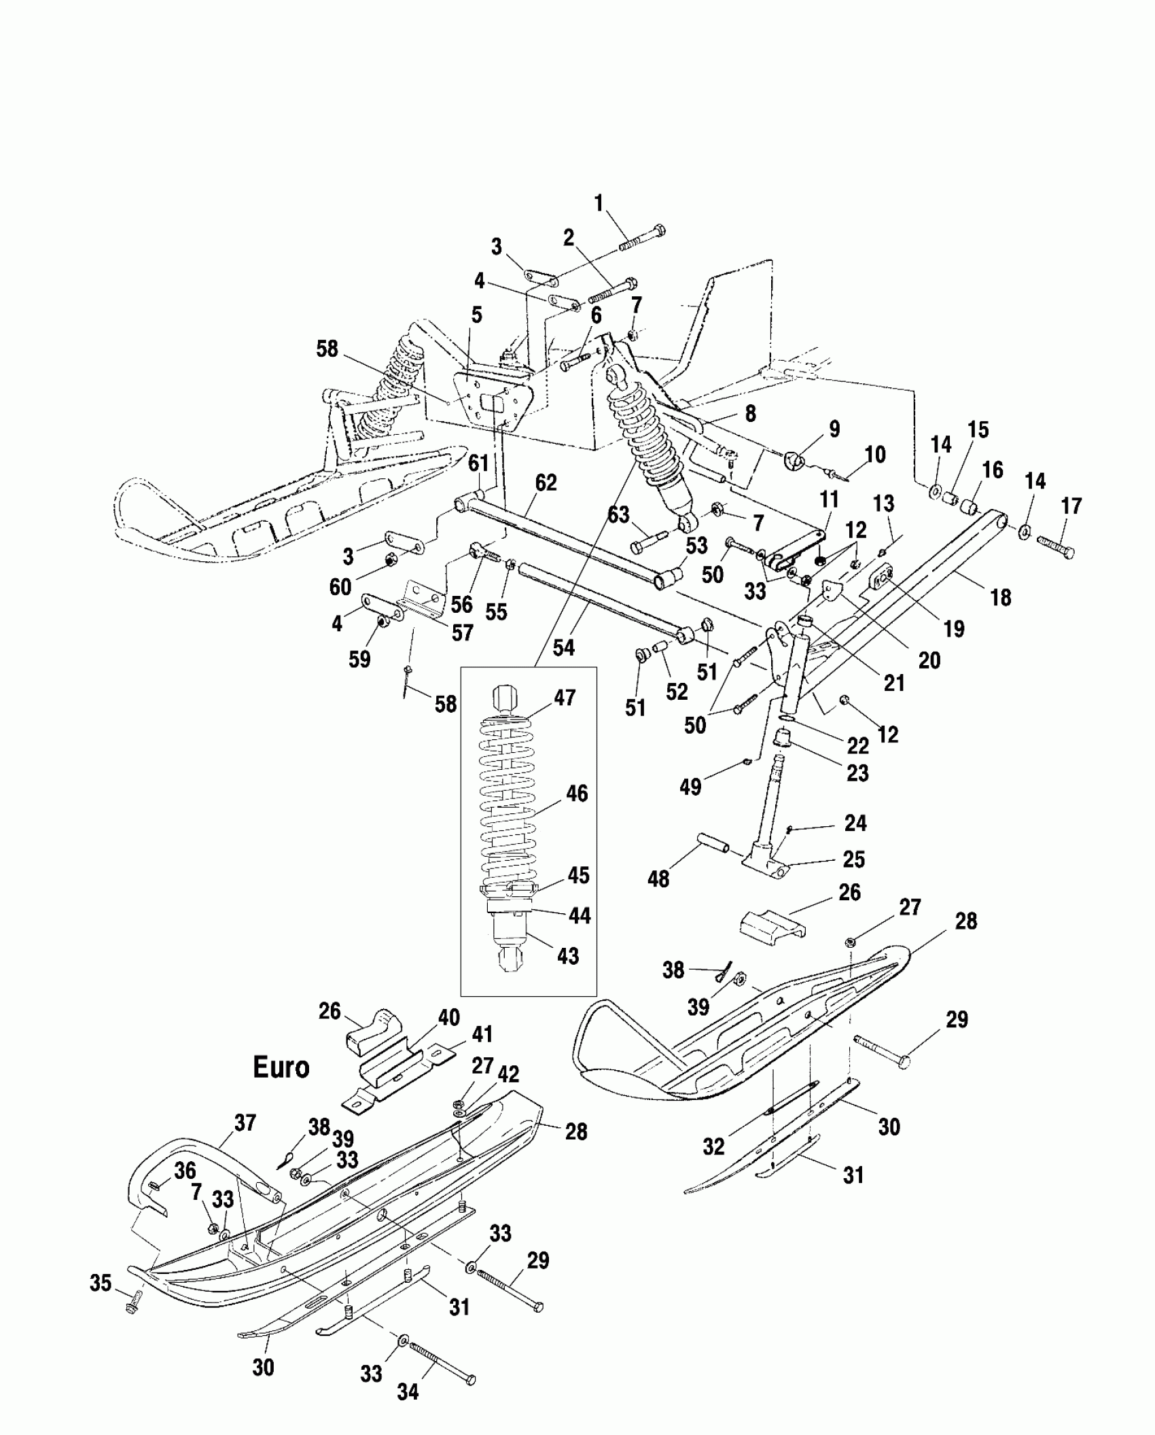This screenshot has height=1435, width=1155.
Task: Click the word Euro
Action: click(x=281, y=1067)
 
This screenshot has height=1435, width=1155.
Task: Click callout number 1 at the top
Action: click(x=599, y=203)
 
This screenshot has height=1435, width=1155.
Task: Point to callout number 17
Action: click(x=1071, y=506)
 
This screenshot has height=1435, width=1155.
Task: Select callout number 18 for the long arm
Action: click(x=1001, y=597)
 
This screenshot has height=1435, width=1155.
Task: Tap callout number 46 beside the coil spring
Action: click(x=577, y=793)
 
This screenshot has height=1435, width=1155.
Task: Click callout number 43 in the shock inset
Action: click(x=567, y=956)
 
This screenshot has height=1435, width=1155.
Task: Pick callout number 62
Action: click(x=546, y=482)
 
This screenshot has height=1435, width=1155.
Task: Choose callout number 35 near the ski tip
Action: click(x=101, y=1284)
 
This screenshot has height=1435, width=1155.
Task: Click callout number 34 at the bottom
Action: click(x=408, y=1392)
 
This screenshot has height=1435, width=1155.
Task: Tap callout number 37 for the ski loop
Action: click(x=245, y=1122)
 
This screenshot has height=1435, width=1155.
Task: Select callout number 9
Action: click(x=834, y=429)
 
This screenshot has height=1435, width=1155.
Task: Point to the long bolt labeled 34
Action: click(x=442, y=1363)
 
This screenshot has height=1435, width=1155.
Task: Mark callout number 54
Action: click(x=563, y=648)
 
